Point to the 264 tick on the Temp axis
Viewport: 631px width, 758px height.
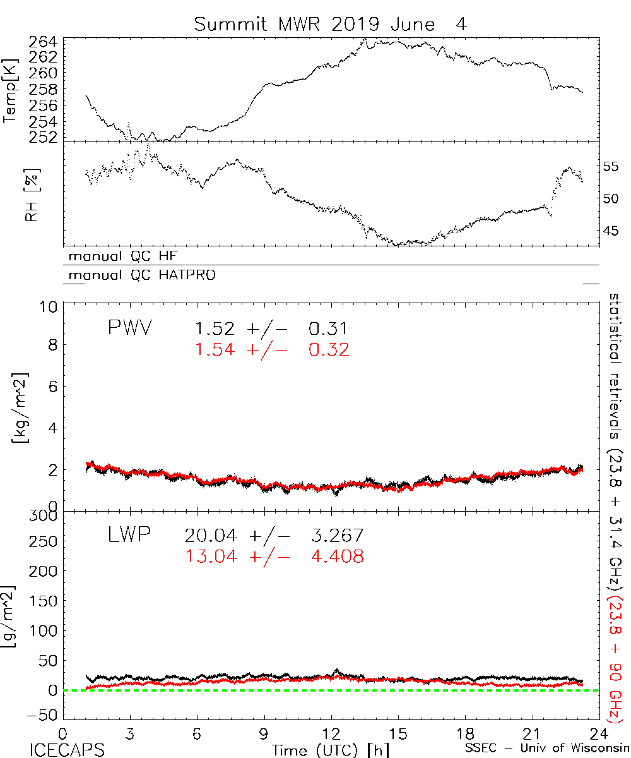[x=43, y=43]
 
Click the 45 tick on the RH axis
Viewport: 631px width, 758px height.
[x=612, y=231]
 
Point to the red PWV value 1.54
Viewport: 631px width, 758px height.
[x=214, y=349]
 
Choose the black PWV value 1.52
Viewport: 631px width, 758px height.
[x=214, y=328]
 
